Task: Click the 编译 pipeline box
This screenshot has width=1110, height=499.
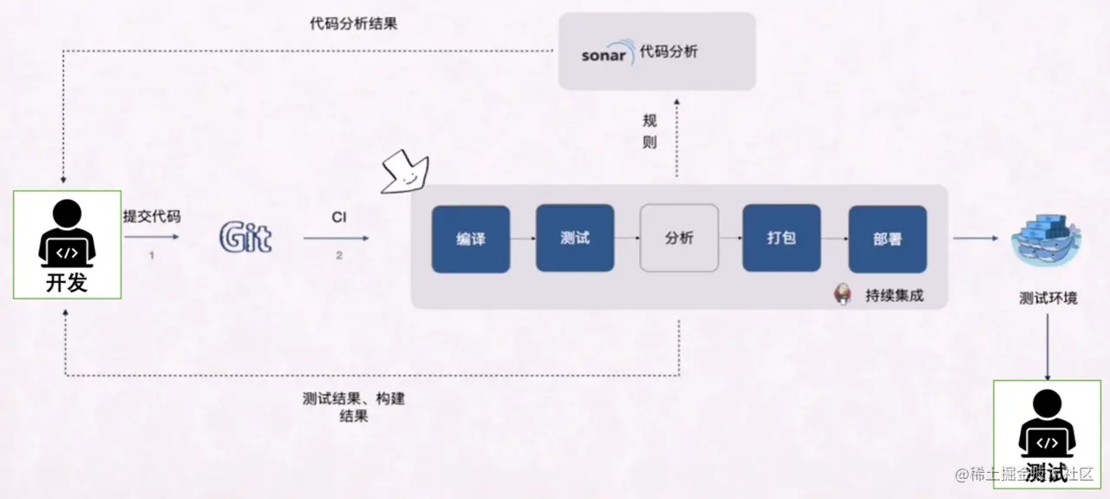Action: pos(470,239)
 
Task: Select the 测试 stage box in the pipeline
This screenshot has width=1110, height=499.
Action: pos(574,238)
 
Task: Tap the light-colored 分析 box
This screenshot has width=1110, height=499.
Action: pos(679,238)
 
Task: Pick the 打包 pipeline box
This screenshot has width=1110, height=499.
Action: pos(780,238)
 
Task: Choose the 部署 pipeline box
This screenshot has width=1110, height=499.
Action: pos(886,239)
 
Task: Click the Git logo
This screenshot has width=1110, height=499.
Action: pos(245,238)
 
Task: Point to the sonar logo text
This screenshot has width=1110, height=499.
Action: pos(604,55)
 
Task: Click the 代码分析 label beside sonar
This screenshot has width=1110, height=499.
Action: pos(669,52)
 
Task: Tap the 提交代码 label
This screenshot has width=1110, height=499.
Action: pos(151,217)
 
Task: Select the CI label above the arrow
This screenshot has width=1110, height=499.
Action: pos(338,217)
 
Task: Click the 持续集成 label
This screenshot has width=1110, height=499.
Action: pos(894,295)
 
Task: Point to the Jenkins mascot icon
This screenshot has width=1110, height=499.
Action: pos(841,294)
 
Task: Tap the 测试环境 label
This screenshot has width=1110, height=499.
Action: pos(1048,299)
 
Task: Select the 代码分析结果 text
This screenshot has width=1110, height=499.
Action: pos(354,23)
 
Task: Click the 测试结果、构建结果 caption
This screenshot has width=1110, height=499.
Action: pos(354,407)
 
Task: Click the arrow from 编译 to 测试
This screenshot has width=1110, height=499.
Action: pos(523,239)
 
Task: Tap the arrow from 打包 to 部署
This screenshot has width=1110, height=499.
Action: pos(833,239)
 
